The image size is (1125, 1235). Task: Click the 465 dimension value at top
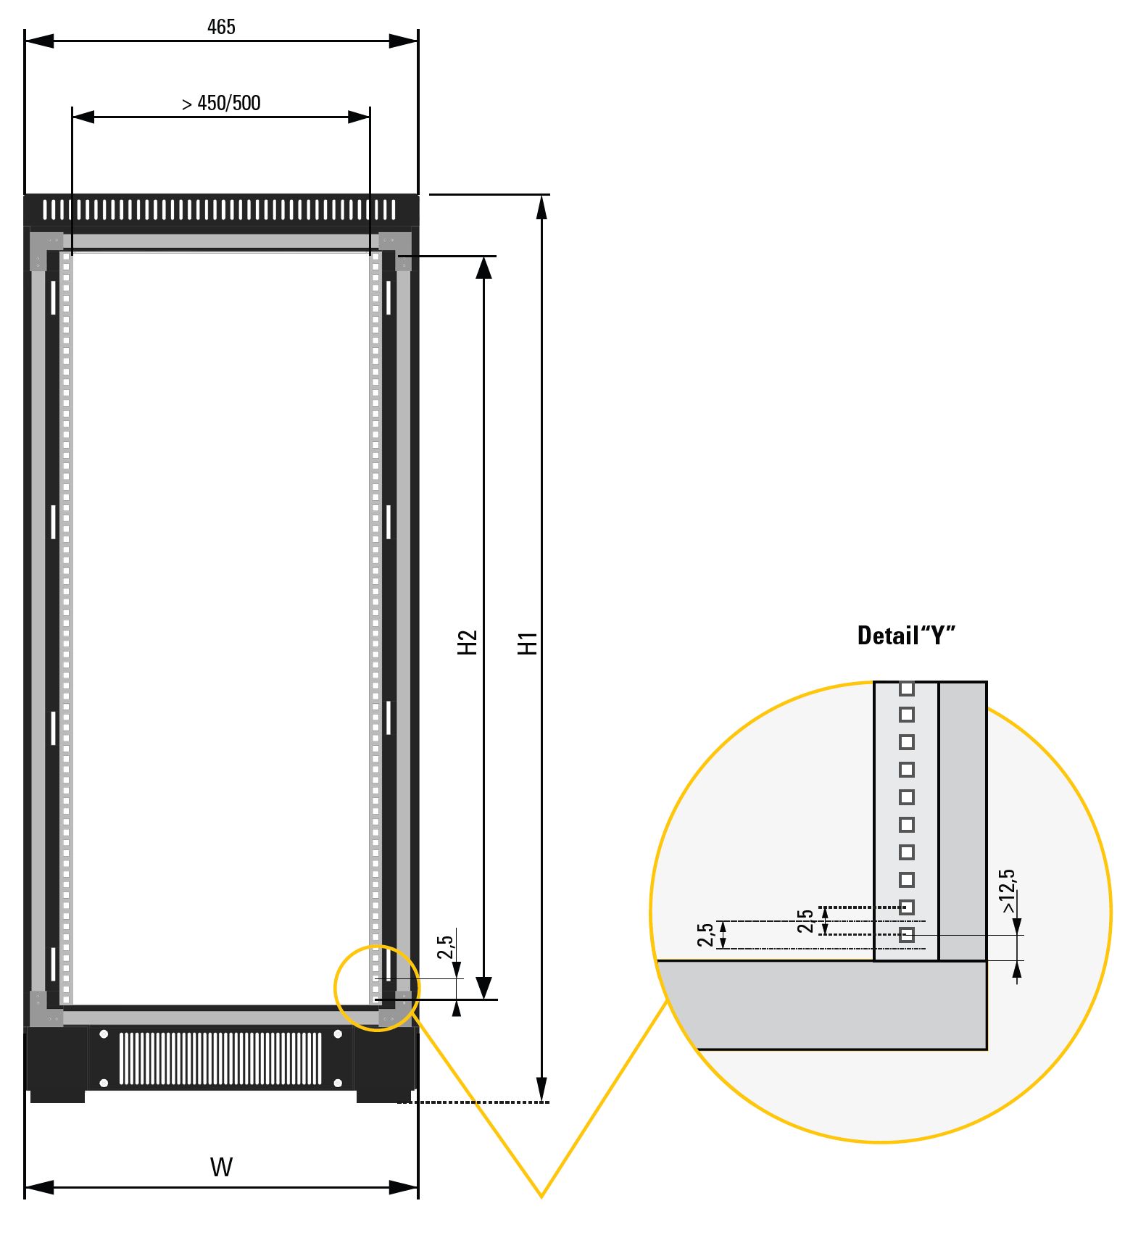pos(221,27)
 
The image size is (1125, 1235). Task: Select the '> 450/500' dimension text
pos(221,104)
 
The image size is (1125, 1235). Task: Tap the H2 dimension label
pos(468,642)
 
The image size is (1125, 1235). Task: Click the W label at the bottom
pos(221,1168)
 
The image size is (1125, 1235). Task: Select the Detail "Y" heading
pos(906,635)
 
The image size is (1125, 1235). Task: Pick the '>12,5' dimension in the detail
pos(1008,891)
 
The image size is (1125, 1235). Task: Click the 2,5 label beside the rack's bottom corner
pos(446,947)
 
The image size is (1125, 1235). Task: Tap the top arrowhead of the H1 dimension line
pos(541,207)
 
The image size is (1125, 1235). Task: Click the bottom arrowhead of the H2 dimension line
pos(484,988)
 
